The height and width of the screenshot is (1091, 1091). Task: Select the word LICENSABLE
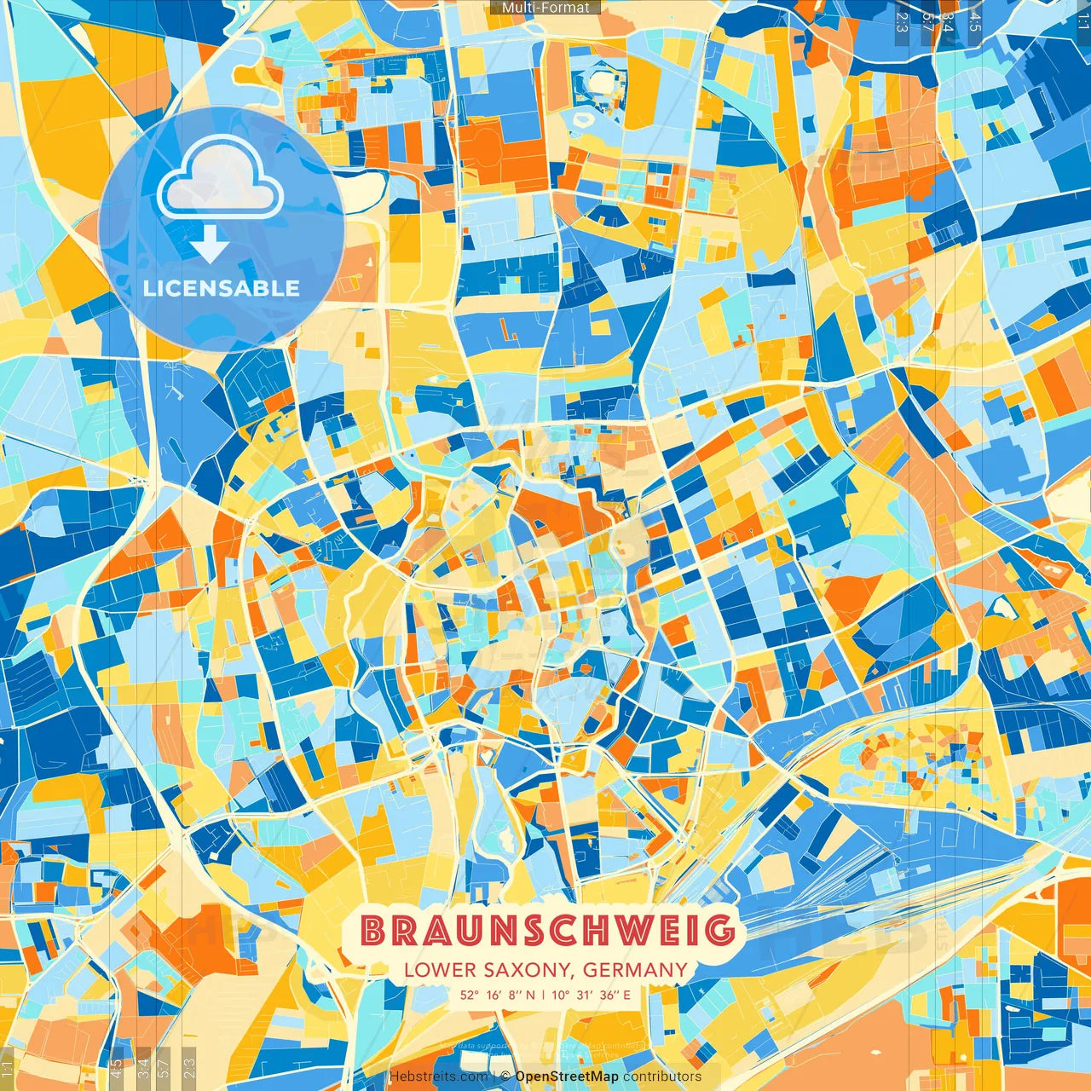coord(222,288)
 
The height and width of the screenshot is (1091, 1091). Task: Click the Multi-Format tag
coord(545,8)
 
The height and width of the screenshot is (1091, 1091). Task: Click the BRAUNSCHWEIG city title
coord(548,931)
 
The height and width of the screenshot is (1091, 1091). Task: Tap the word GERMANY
coord(636,970)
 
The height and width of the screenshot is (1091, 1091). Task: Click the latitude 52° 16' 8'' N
coord(498,995)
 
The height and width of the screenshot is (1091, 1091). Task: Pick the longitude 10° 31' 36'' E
coord(592,995)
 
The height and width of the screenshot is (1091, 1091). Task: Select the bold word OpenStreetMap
coord(567,1077)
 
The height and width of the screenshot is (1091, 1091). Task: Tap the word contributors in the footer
coord(662,1077)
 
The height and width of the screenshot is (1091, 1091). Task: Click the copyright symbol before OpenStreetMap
coord(505,1077)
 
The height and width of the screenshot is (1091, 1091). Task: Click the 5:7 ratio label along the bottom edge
coord(164,1067)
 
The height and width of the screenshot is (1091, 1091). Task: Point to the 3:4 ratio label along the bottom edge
coord(142,1067)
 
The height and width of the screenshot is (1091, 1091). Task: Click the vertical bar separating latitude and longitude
coord(544,995)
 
